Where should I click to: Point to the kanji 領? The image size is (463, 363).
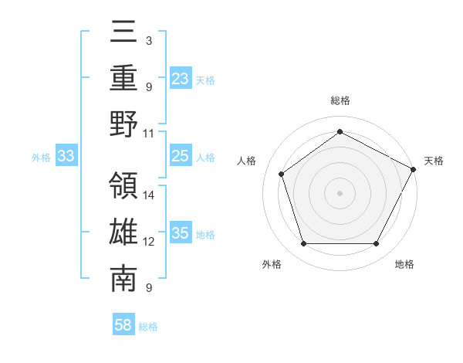point(124,186)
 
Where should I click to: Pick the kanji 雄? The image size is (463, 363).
point(124,233)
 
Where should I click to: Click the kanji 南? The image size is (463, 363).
point(124,280)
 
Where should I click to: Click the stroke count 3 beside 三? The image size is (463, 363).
point(149,39)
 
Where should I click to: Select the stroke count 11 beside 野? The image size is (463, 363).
point(150,133)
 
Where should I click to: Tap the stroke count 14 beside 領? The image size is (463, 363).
point(150,195)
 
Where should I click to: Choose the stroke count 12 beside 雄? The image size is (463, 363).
point(150,242)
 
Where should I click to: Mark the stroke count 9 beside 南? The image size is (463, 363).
point(149,289)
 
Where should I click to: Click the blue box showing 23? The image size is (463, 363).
point(180,78)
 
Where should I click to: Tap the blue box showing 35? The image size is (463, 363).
point(180,234)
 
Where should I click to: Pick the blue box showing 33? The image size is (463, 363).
point(66,157)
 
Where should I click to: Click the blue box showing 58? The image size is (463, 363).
point(123,325)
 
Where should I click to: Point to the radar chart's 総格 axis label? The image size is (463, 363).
point(340,100)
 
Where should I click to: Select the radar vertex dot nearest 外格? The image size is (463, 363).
point(303,244)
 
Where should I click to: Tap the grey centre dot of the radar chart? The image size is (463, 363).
point(340,192)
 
